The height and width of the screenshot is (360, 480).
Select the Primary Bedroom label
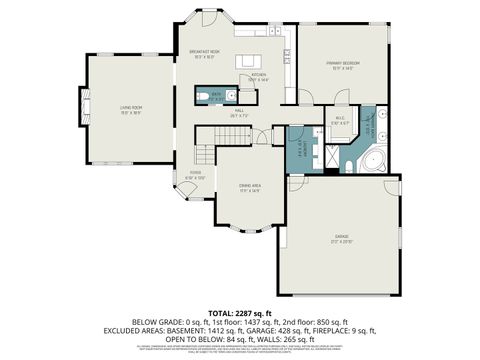tap(342, 65)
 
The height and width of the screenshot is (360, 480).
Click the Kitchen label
tap(259, 77)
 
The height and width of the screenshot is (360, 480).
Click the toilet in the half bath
tap(203, 97)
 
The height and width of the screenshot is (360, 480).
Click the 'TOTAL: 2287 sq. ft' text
tap(239, 312)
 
